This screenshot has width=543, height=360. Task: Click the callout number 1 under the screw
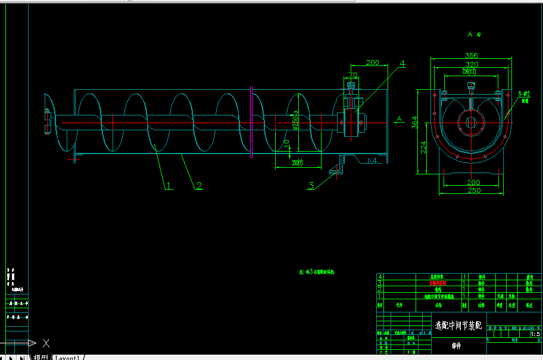coord(168,186)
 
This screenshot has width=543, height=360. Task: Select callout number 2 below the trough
coord(199,186)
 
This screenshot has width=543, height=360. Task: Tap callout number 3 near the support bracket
coord(311,186)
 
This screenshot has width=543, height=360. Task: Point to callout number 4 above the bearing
coord(402,63)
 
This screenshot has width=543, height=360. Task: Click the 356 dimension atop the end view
coord(472,56)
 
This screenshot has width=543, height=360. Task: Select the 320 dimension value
coord(472,64)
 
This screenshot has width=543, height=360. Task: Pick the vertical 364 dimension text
coord(415,122)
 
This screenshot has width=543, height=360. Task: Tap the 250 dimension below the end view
coord(473,190)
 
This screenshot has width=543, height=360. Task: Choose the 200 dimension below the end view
coord(473,182)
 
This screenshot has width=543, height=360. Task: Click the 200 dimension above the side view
coord(372,62)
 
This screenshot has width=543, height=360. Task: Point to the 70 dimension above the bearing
coord(353,76)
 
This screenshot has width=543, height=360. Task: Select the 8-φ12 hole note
coord(525,94)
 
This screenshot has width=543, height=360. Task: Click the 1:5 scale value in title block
coord(535,334)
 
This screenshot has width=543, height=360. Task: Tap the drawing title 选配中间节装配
coord(458,325)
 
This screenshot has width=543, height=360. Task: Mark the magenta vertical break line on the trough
coord(251,122)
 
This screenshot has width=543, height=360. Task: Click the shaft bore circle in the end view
coord(471,123)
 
